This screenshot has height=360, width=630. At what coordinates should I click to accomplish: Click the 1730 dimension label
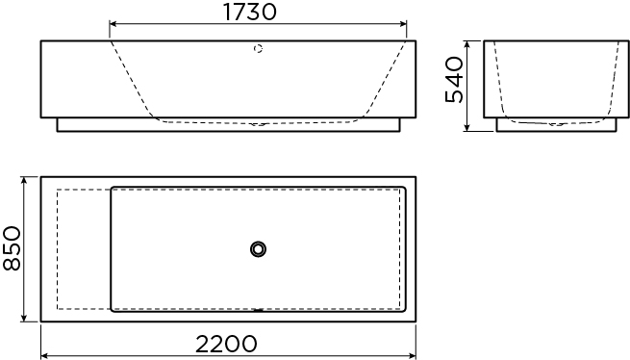point(249,13)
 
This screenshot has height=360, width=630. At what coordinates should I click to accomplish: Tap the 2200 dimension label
point(226,344)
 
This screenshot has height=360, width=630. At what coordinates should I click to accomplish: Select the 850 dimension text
point(12,248)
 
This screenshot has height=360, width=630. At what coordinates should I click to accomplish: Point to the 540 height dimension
point(455,80)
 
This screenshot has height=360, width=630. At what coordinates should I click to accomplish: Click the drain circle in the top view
point(258,249)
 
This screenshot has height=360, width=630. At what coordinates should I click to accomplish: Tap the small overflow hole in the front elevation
point(258,49)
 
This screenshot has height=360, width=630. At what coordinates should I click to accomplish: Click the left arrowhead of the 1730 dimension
point(113,24)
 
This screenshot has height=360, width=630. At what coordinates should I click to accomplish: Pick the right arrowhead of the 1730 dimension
point(403,24)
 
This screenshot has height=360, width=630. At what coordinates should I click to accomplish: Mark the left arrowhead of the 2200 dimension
point(45,356)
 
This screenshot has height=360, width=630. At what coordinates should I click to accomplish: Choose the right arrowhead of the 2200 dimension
point(412,356)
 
